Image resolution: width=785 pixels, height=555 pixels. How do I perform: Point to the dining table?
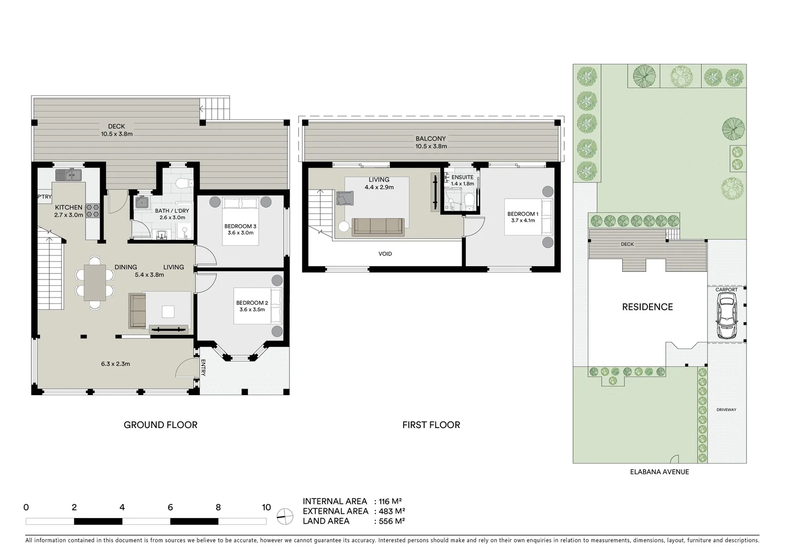pos(95,283)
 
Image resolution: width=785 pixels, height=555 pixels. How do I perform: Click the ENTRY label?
pos(203,368)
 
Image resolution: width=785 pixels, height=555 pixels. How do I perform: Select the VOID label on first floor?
pos(385,254)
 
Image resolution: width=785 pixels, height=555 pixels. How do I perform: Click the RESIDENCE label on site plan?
pos(647,307)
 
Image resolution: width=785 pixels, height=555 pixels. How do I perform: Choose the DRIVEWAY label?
pos(726,410)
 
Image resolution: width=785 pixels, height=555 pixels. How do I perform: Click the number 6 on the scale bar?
pos(170,507)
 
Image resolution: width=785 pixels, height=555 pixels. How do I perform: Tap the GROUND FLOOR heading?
pos(160,424)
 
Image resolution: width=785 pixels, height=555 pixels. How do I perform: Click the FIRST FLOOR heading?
pos(431,424)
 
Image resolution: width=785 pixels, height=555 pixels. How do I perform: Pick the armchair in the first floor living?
pos(345,197)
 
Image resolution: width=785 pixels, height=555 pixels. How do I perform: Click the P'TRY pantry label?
pos(44,197)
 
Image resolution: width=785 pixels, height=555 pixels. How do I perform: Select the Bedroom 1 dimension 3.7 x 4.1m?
pos(523,220)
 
